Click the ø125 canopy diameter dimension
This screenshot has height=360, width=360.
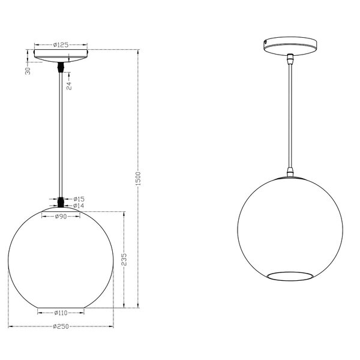(x=60, y=44)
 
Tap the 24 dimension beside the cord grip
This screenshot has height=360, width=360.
(x=70, y=85)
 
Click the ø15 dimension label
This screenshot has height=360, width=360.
(x=78, y=199)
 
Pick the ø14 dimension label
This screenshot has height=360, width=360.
(x=78, y=206)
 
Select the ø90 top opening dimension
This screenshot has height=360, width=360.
(x=60, y=217)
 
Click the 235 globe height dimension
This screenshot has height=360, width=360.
(x=124, y=259)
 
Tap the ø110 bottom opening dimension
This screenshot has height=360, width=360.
(x=60, y=313)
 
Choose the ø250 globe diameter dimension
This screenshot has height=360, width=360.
(x=60, y=326)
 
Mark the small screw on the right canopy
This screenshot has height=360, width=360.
(x=267, y=43)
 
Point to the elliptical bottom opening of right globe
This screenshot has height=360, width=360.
(x=289, y=275)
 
